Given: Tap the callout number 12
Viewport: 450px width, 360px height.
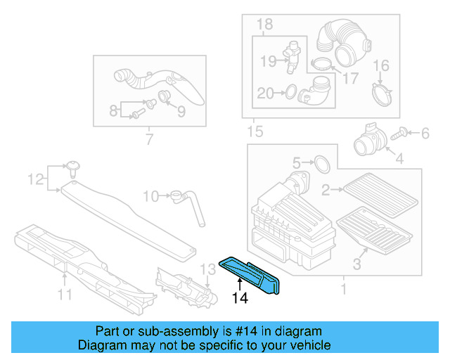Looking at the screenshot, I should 35,180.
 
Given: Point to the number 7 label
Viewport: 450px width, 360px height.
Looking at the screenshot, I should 148,140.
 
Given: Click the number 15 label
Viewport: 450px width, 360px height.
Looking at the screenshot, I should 255,131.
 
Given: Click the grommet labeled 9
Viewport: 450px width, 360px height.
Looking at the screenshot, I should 165,96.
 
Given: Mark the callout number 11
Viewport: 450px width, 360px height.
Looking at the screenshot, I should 65,295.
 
